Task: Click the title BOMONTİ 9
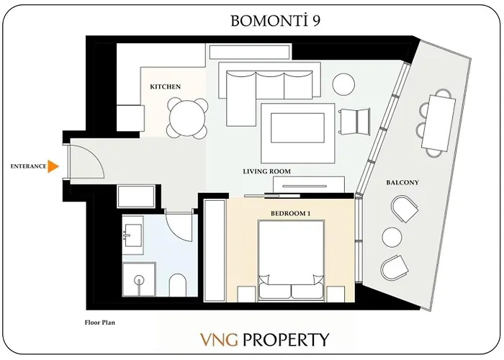pyautogui.click(x=276, y=20)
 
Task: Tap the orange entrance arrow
pyautogui.click(x=53, y=166)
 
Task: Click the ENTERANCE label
pyautogui.click(x=28, y=166)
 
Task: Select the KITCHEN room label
pyautogui.click(x=165, y=86)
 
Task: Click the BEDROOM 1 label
pyautogui.click(x=291, y=214)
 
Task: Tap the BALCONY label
pyautogui.click(x=402, y=183)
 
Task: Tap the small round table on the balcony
pyautogui.click(x=392, y=237)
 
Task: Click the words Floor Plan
pyautogui.click(x=99, y=323)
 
